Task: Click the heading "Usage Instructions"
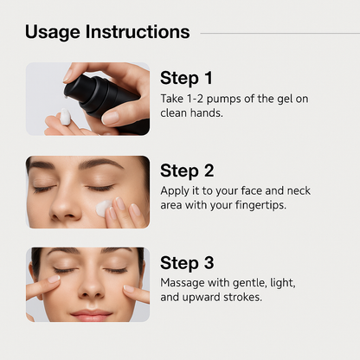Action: click(x=107, y=32)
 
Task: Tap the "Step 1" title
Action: click(x=186, y=78)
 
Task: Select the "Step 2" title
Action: click(x=187, y=170)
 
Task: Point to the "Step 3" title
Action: click(x=187, y=263)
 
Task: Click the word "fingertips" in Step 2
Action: click(x=260, y=205)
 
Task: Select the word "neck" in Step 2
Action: click(x=299, y=190)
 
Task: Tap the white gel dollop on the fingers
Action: click(x=65, y=117)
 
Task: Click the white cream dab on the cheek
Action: click(x=103, y=209)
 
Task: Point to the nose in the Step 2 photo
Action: click(x=64, y=205)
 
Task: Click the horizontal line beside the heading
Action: click(x=280, y=33)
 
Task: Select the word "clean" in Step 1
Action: click(x=174, y=113)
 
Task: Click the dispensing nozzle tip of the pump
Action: click(x=67, y=97)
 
